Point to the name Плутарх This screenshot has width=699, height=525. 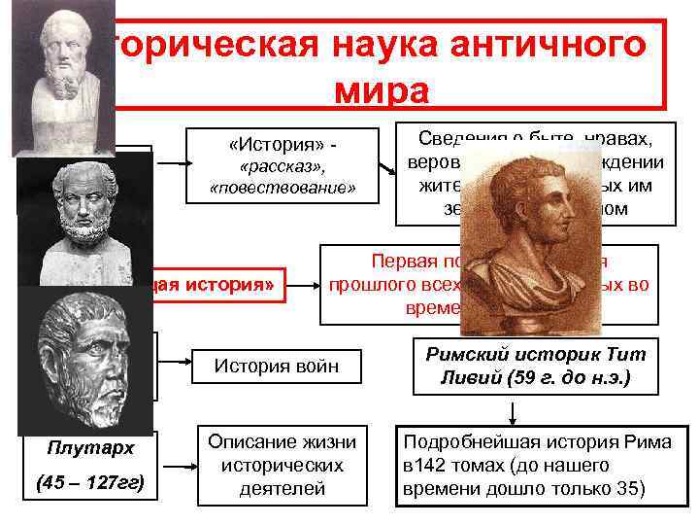pyautogui.click(x=89, y=448)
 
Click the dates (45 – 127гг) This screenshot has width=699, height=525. pyautogui.click(x=89, y=481)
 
